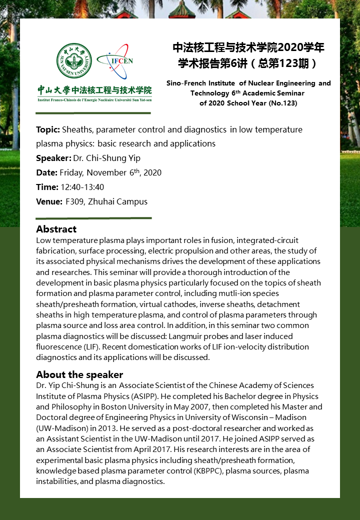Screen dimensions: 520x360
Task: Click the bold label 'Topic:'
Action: (x=48, y=130)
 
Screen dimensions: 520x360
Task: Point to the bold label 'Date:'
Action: (x=46, y=173)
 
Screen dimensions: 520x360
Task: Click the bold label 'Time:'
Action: (x=47, y=187)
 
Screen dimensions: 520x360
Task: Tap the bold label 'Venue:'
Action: (x=49, y=202)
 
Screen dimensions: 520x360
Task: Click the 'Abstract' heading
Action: (x=56, y=229)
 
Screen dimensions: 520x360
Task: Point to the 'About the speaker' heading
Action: (x=79, y=374)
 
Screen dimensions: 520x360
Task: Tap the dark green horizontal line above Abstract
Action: (x=93, y=218)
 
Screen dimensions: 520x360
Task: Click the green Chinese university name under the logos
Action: (x=94, y=90)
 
